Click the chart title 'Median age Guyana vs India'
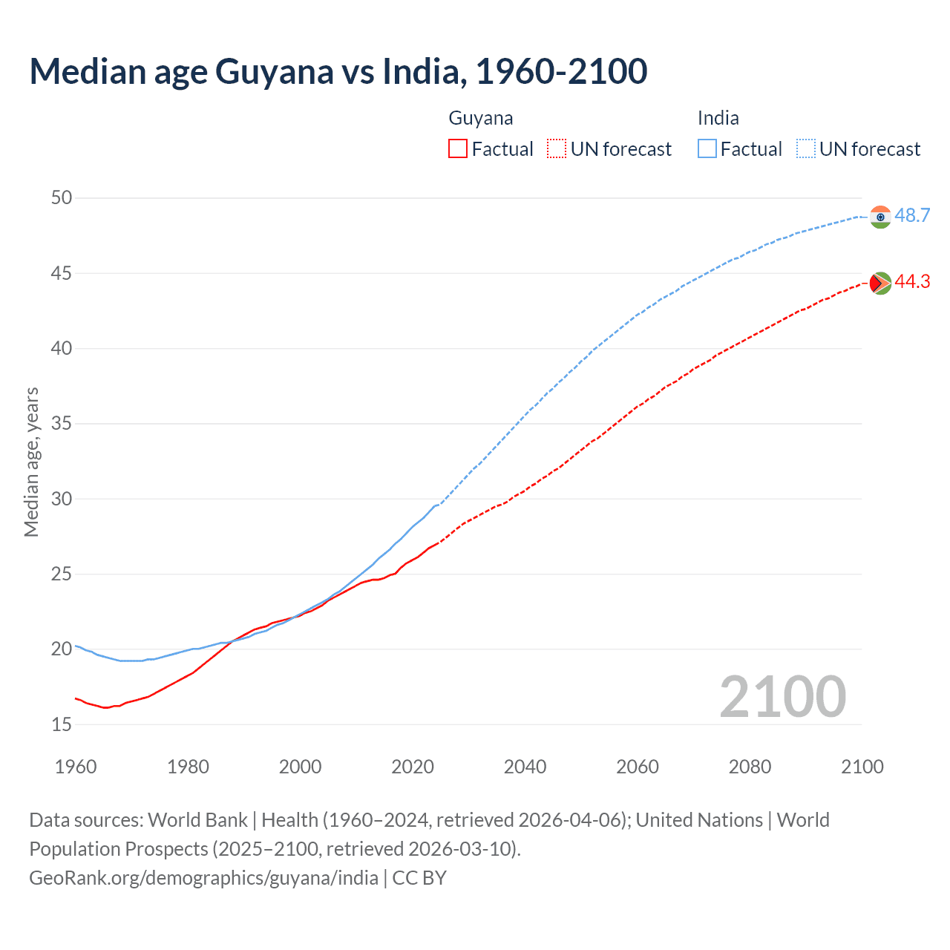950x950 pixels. [338, 72]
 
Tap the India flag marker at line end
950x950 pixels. [880, 217]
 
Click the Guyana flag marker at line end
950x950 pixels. [880, 283]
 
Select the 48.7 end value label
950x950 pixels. [912, 216]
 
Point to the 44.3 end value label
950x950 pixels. [912, 282]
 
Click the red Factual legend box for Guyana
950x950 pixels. [458, 149]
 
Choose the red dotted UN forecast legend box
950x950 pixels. [557, 149]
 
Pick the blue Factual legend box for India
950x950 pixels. [707, 149]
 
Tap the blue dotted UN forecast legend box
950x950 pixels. [806, 149]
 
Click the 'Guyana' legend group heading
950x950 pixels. [481, 119]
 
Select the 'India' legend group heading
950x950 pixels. [718, 119]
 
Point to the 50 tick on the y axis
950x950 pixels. [62, 197]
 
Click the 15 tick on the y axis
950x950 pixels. [62, 724]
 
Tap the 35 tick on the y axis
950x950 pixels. [62, 424]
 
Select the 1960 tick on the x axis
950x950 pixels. [76, 767]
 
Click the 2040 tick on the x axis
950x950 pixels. [525, 767]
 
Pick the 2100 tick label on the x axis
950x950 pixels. [862, 767]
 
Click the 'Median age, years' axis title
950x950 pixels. [31, 462]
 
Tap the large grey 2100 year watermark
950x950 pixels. [782, 697]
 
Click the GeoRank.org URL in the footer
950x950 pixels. [203, 878]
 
